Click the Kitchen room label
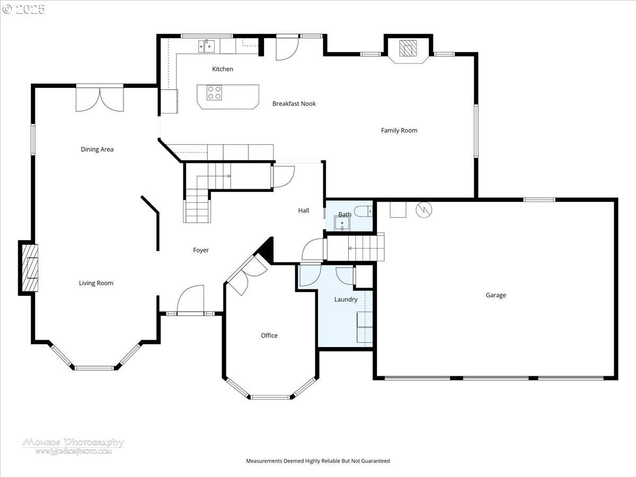223,69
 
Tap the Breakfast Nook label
294,104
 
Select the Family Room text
399,130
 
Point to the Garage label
496,295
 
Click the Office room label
269,335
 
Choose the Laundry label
346,299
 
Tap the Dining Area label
97,149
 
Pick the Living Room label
96,283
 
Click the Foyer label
201,250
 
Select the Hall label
304,210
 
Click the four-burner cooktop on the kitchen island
214,93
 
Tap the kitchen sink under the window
207,47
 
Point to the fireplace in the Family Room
408,49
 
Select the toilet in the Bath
365,211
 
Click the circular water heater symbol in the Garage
424,210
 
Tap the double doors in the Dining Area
100,99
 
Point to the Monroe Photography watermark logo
73,446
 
